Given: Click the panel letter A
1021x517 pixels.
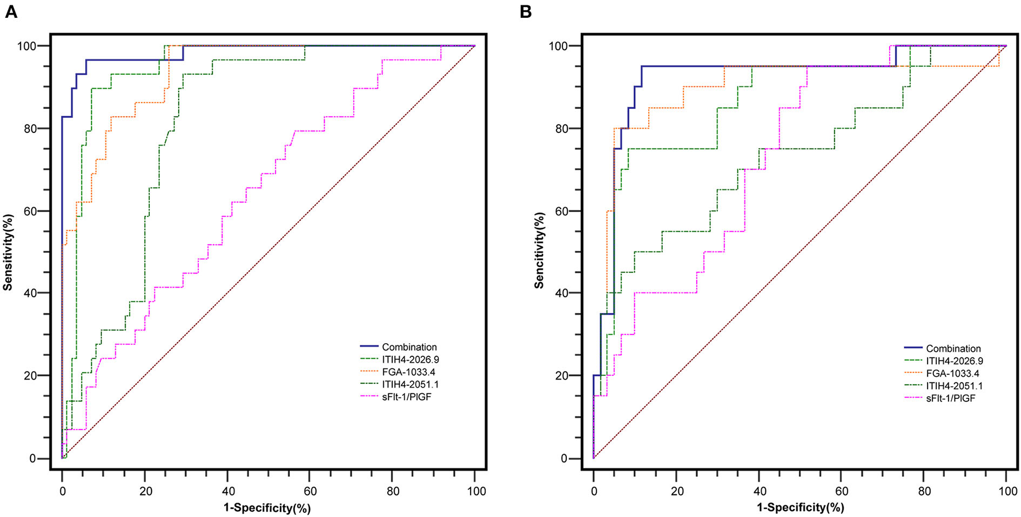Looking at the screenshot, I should coord(10,12).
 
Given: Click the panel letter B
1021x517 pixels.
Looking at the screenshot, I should coord(525,12).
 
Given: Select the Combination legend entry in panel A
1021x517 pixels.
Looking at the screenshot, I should coord(409,347).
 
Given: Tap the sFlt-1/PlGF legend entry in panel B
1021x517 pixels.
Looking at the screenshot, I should coord(951,398).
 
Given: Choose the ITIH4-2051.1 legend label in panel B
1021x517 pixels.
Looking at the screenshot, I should coord(954,386).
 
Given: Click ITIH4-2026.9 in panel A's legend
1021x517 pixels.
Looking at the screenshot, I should coord(410,360).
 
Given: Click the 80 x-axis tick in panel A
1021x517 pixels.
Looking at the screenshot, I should coord(392,492).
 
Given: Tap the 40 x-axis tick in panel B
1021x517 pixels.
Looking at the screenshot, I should coord(759,492).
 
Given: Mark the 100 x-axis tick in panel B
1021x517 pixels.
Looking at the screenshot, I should coord(1007,492).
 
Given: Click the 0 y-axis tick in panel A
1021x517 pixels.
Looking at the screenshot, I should coord(48,459).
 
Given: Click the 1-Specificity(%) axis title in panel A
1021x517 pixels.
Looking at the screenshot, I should coord(268,508).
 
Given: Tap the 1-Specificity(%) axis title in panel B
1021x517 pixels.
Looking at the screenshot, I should coord(800,508).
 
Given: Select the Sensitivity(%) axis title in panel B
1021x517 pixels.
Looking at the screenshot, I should coord(539,250).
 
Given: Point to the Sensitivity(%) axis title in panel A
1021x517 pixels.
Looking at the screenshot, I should coord(7,250).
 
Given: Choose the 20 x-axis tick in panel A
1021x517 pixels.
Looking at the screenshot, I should coord(145,492).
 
